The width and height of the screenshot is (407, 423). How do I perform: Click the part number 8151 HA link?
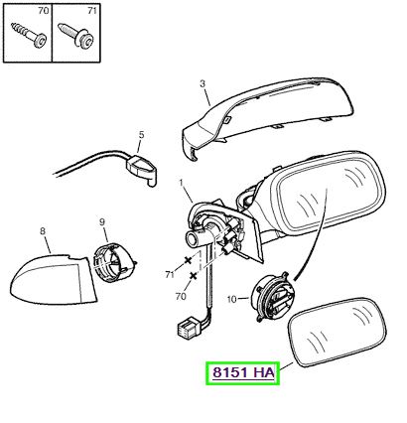pos(243,373)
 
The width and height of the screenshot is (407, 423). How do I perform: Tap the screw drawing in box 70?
pos(29,34)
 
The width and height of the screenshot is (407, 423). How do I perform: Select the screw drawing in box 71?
pos(75,34)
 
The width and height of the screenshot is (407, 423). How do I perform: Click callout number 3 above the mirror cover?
pos(203,83)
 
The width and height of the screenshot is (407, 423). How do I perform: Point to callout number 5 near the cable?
pos(141,135)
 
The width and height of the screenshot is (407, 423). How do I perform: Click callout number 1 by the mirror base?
pos(181,183)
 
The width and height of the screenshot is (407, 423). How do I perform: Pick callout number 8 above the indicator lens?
pos(43,230)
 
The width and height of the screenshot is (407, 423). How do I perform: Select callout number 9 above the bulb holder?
pos(101,222)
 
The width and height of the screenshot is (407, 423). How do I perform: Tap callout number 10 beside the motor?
pos(232,299)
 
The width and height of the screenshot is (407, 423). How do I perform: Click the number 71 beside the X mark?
pos(170,274)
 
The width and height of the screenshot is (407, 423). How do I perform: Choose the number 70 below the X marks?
pos(181,296)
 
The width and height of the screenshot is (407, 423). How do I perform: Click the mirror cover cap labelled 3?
pos(267,116)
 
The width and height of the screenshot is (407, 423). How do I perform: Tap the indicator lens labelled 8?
pos(53,279)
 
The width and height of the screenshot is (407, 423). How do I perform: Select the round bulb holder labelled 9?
pos(114,262)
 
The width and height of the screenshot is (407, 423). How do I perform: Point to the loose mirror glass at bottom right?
pos(337,332)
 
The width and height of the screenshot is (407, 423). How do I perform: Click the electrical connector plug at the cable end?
pos(188,328)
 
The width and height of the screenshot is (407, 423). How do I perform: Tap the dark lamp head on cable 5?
pos(142,168)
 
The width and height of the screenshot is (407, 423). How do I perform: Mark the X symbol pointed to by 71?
pos(188,260)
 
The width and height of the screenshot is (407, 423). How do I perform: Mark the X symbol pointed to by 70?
pos(194,275)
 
